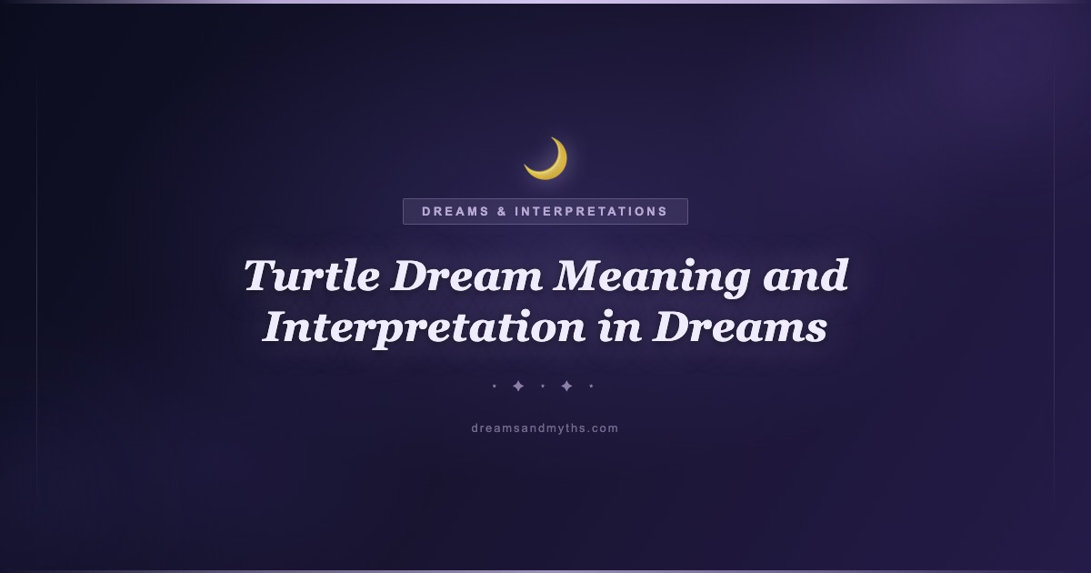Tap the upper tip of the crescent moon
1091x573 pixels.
coord(554,138)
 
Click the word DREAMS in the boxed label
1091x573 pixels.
coord(455,211)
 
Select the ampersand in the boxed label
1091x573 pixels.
coord(502,211)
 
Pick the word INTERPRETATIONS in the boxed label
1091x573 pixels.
coord(591,211)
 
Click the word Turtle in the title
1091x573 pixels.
coord(312,276)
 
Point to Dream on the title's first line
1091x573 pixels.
coord(466,276)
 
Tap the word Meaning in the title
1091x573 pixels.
coord(652,277)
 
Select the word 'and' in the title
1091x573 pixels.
coord(806,275)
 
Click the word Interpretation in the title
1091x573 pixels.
coord(424,328)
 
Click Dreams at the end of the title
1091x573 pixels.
coord(740,327)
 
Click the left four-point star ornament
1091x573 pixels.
coord(519,387)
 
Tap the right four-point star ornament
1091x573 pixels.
coord(566,387)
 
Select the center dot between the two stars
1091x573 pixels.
coord(543,387)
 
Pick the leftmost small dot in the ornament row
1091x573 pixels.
coord(495,387)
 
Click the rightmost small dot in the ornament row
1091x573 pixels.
coord(591,387)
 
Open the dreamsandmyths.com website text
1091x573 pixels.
coord(545,428)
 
